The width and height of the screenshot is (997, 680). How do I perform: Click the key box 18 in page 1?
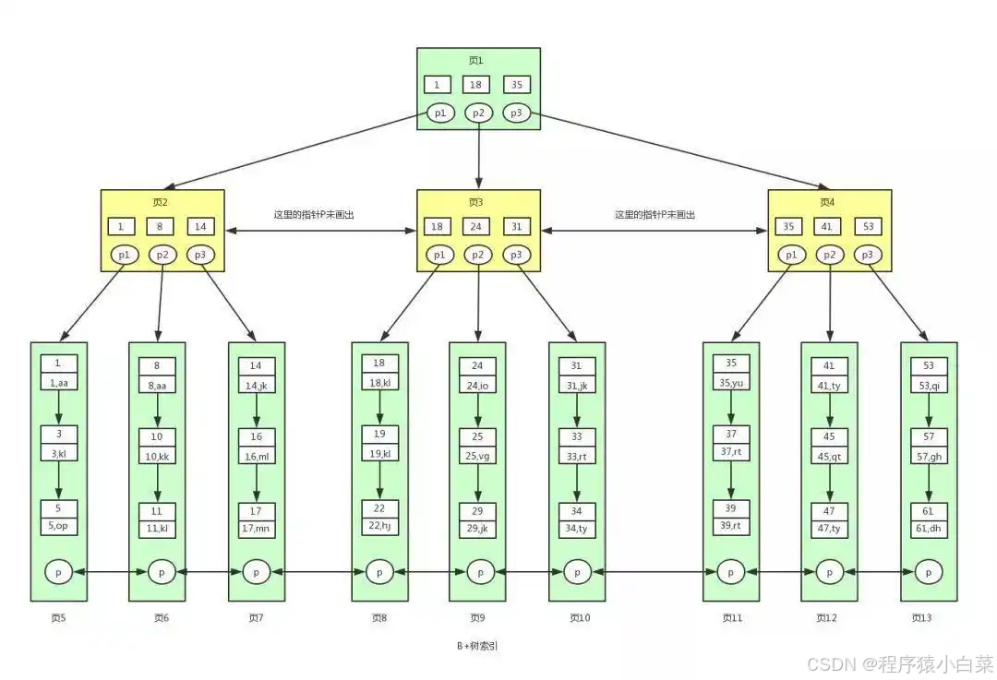[477, 85]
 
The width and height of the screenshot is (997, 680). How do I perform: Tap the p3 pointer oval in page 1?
[516, 113]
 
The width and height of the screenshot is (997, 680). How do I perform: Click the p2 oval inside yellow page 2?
[162, 254]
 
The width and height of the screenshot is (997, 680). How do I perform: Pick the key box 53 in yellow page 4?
[867, 226]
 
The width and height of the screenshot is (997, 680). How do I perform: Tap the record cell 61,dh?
[928, 528]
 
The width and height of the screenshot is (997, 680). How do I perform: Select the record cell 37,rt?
[731, 451]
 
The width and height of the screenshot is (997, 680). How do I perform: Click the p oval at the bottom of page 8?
[378, 572]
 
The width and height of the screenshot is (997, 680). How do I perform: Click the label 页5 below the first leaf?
[57, 617]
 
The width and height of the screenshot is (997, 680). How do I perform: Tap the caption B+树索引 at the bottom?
[477, 647]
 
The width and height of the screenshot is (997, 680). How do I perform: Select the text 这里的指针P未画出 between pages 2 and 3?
[314, 214]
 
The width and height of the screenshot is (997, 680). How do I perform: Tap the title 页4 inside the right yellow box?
[827, 202]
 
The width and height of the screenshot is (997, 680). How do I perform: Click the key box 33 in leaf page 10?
[577, 436]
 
